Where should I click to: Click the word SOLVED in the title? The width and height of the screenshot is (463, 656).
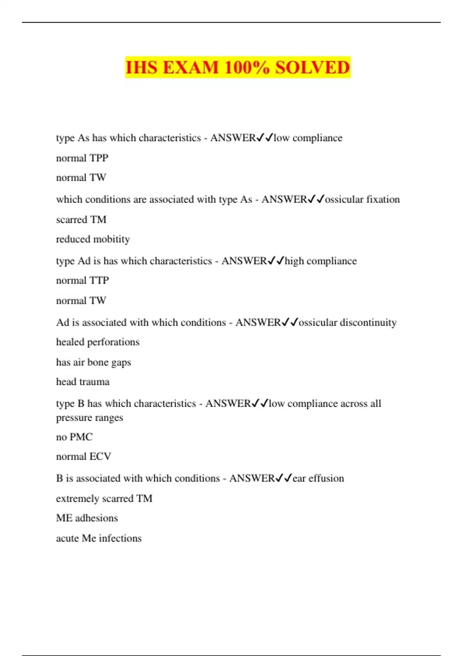click(x=312, y=68)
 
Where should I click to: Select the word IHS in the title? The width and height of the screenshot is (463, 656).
click(x=141, y=68)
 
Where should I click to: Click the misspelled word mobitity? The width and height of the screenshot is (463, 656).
click(x=112, y=239)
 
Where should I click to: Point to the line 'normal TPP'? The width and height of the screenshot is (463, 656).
click(x=82, y=158)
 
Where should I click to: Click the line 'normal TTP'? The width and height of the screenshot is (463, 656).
click(x=83, y=280)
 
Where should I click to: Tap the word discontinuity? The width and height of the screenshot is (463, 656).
click(x=368, y=322)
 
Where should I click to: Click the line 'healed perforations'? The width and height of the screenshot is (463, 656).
click(x=98, y=342)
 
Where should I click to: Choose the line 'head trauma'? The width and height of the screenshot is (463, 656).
click(x=83, y=382)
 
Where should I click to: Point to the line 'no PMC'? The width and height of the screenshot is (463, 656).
click(x=74, y=437)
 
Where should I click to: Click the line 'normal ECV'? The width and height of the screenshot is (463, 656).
click(x=83, y=456)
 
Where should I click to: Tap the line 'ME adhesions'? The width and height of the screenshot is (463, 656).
click(x=87, y=518)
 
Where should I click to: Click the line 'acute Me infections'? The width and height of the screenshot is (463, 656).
click(x=99, y=538)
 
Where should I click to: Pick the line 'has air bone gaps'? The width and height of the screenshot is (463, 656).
click(x=93, y=362)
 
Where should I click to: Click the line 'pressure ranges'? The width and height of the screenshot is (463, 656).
click(x=90, y=418)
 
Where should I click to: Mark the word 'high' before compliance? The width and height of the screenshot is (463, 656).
click(x=294, y=261)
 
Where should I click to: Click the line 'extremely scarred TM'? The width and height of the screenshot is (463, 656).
click(x=104, y=498)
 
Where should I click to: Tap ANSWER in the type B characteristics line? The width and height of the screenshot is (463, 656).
click(x=228, y=404)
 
